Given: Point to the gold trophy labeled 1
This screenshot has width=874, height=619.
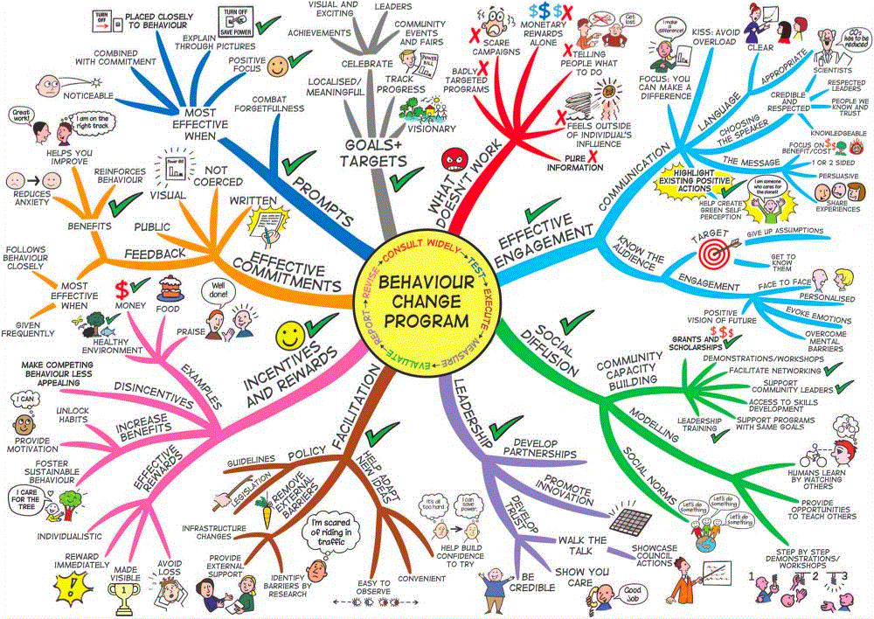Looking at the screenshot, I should [120, 595].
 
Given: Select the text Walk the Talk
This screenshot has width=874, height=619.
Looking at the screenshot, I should [582, 546].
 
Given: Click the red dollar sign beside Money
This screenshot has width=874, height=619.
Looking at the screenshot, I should [122, 288].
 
